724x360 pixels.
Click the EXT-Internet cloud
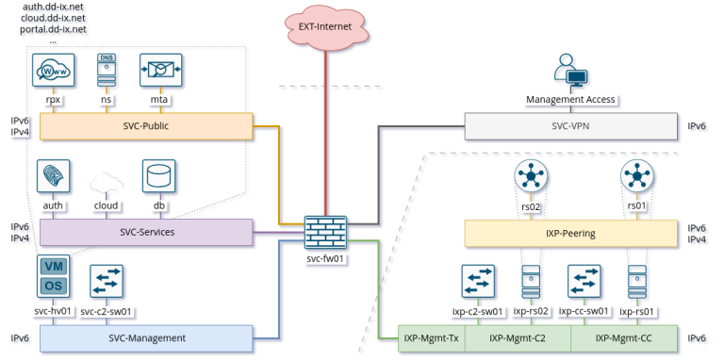(x=325, y=26)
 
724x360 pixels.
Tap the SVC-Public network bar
(x=146, y=126)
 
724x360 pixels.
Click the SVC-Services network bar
(x=146, y=232)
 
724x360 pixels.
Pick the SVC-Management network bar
(x=146, y=338)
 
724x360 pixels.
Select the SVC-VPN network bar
(x=570, y=126)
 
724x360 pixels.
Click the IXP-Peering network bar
(x=570, y=232)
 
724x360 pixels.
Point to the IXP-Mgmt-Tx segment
(x=431, y=338)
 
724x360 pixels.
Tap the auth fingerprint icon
(x=52, y=176)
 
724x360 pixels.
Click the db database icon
(x=157, y=176)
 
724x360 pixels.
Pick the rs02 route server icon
(x=532, y=176)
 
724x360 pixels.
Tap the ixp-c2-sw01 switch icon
(x=478, y=282)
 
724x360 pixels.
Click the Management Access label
(x=570, y=99)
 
